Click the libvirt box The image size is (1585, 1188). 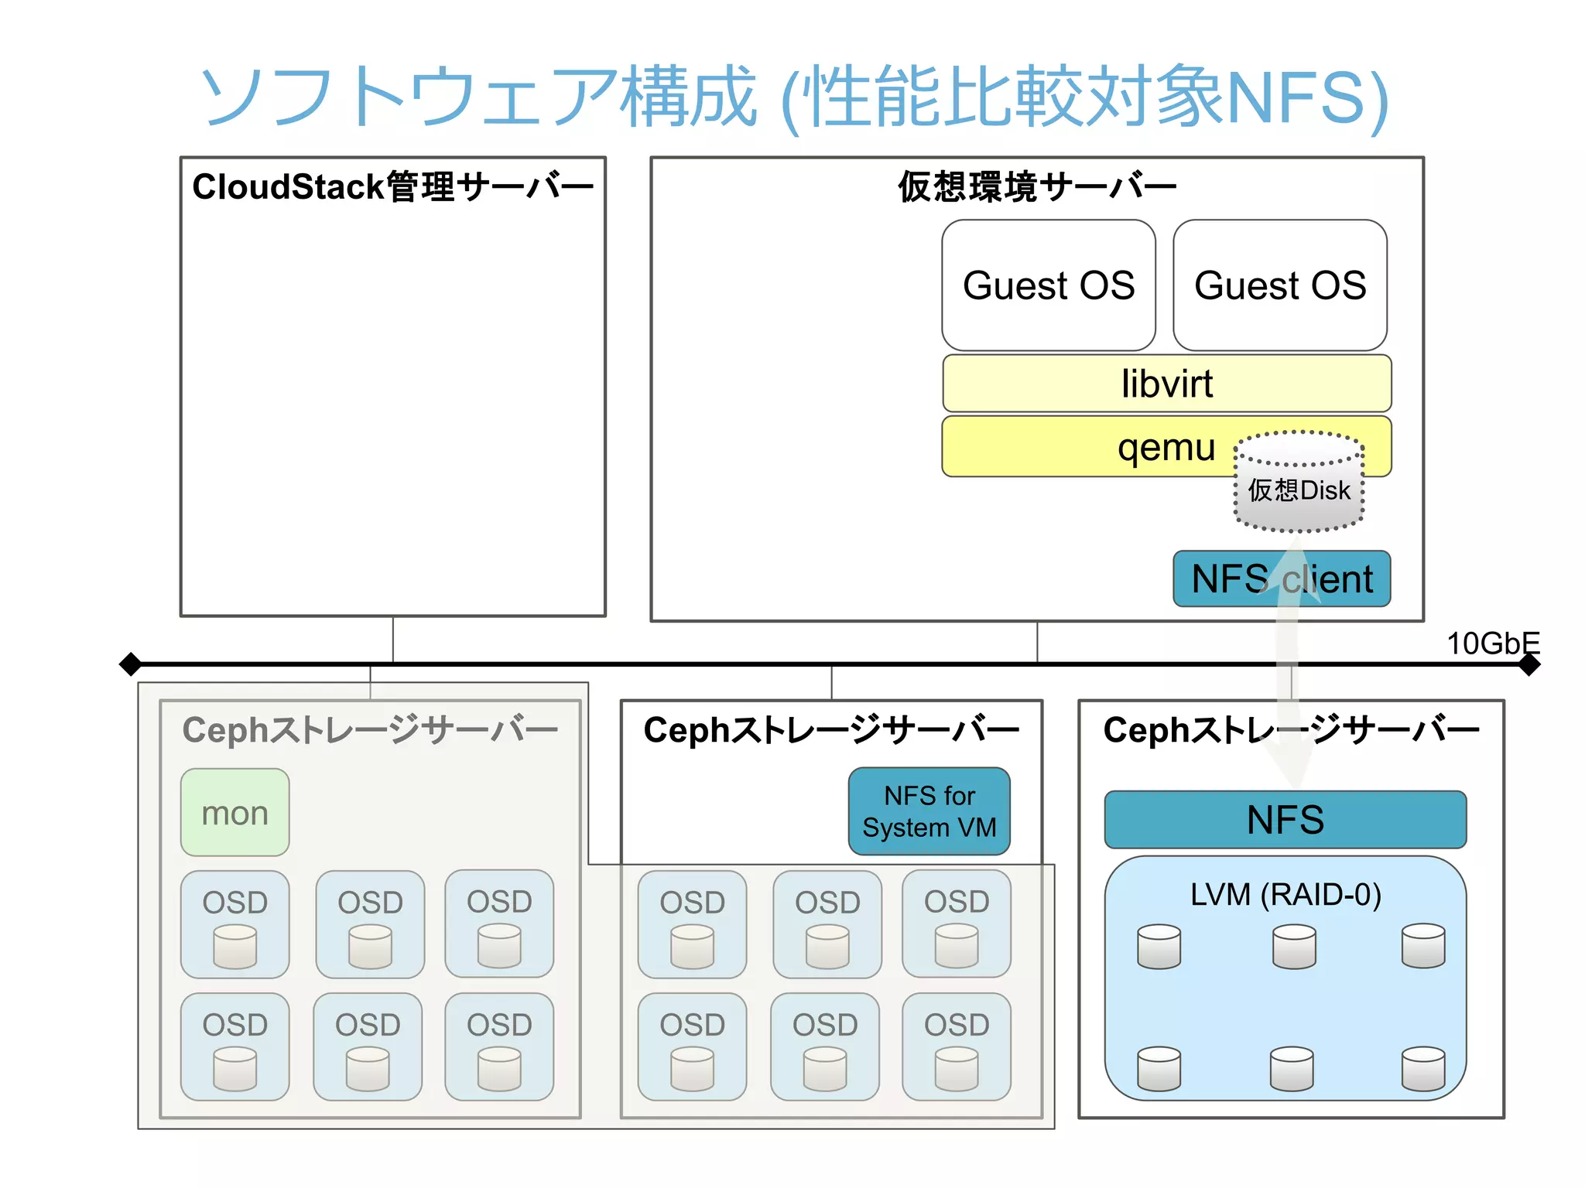tap(1166, 384)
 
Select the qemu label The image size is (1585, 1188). tap(1166, 447)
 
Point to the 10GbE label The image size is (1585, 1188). tap(1492, 643)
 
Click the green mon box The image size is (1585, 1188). tap(235, 812)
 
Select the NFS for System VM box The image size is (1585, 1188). tap(929, 811)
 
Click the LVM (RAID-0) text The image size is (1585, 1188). tap(1285, 895)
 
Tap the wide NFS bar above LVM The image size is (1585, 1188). tap(1285, 820)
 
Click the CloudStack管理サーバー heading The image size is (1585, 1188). tap(392, 187)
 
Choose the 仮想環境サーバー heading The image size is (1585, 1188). tap(1036, 187)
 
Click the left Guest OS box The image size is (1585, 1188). tap(1048, 285)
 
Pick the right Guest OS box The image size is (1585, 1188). tap(1279, 285)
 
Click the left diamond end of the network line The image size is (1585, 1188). tap(131, 664)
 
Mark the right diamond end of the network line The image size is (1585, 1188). tap(1529, 664)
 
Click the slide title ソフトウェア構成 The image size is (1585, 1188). tap(477, 97)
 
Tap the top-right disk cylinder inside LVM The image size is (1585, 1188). tap(1422, 945)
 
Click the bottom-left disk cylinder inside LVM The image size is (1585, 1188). tap(1159, 1068)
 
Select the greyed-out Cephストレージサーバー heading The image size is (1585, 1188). tap(370, 730)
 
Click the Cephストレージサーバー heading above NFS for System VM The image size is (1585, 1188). tap(831, 730)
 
